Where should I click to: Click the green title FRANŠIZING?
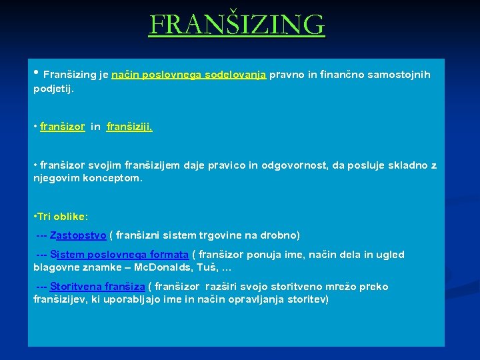tap(237, 26)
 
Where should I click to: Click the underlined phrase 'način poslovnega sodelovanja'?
tap(189, 75)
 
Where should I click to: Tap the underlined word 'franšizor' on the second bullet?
tap(62, 127)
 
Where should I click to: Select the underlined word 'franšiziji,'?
tap(129, 127)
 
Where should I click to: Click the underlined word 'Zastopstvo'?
tap(78, 235)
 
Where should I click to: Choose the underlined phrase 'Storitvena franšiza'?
tap(97, 287)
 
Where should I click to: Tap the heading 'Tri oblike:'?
tap(61, 217)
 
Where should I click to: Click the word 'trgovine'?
tap(218, 235)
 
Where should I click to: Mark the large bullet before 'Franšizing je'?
tap(36, 74)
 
